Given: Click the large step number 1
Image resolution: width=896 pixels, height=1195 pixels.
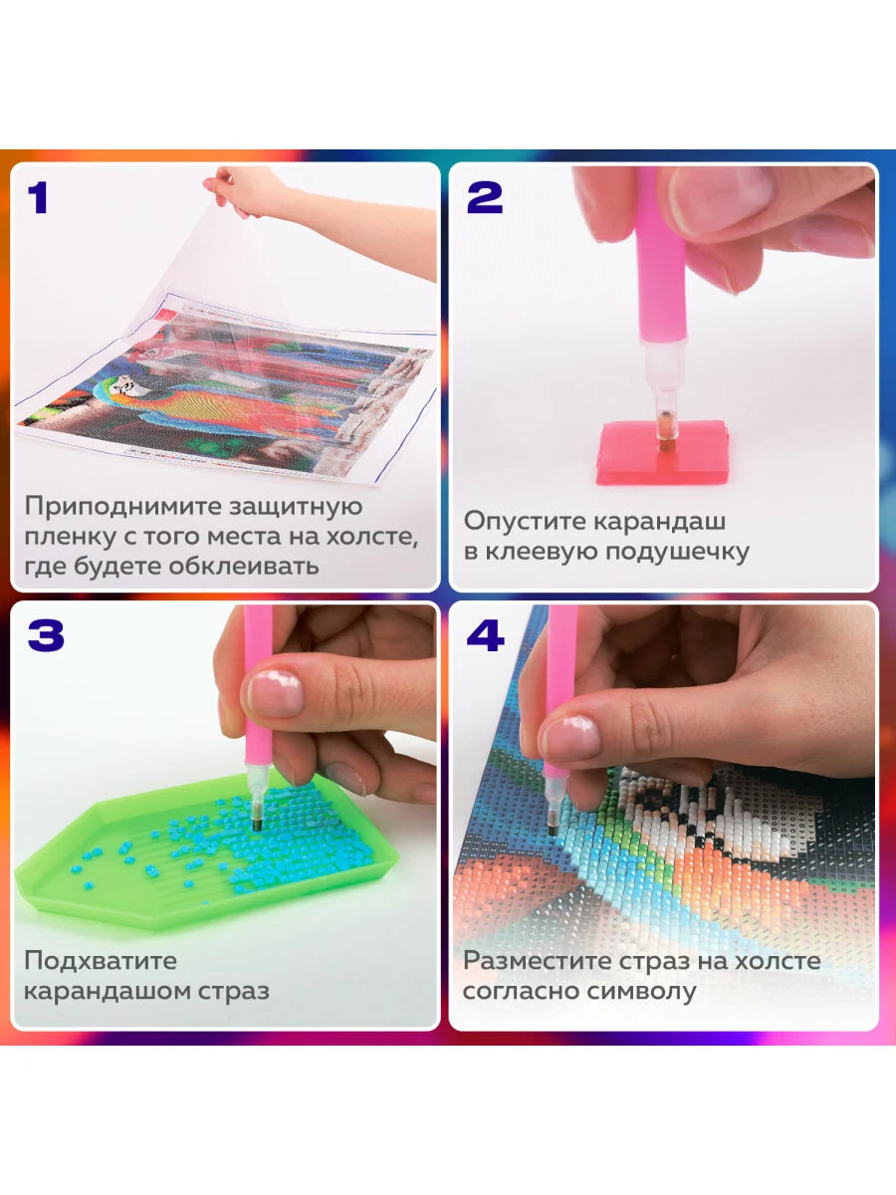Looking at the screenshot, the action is [38, 197].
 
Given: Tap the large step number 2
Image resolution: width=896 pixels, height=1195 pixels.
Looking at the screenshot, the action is [484, 197].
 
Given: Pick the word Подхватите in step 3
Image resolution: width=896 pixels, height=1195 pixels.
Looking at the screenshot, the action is [101, 961].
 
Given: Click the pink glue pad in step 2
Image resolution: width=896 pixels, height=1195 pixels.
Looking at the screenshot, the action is [661, 453].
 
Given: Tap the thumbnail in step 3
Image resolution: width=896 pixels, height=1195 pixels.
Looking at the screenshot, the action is [276, 693].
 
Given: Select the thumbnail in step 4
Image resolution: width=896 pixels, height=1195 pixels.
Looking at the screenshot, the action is [570, 739].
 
